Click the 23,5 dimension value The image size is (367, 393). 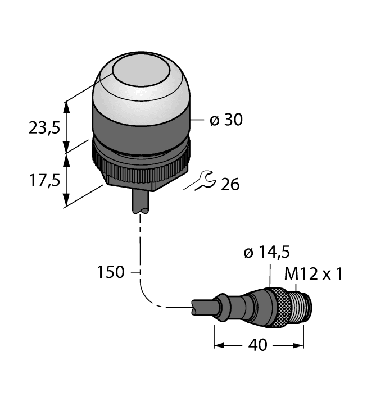(x=44, y=129)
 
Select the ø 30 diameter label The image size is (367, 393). (x=226, y=120)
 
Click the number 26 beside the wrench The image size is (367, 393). (x=230, y=184)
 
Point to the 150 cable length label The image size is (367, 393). (x=110, y=273)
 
